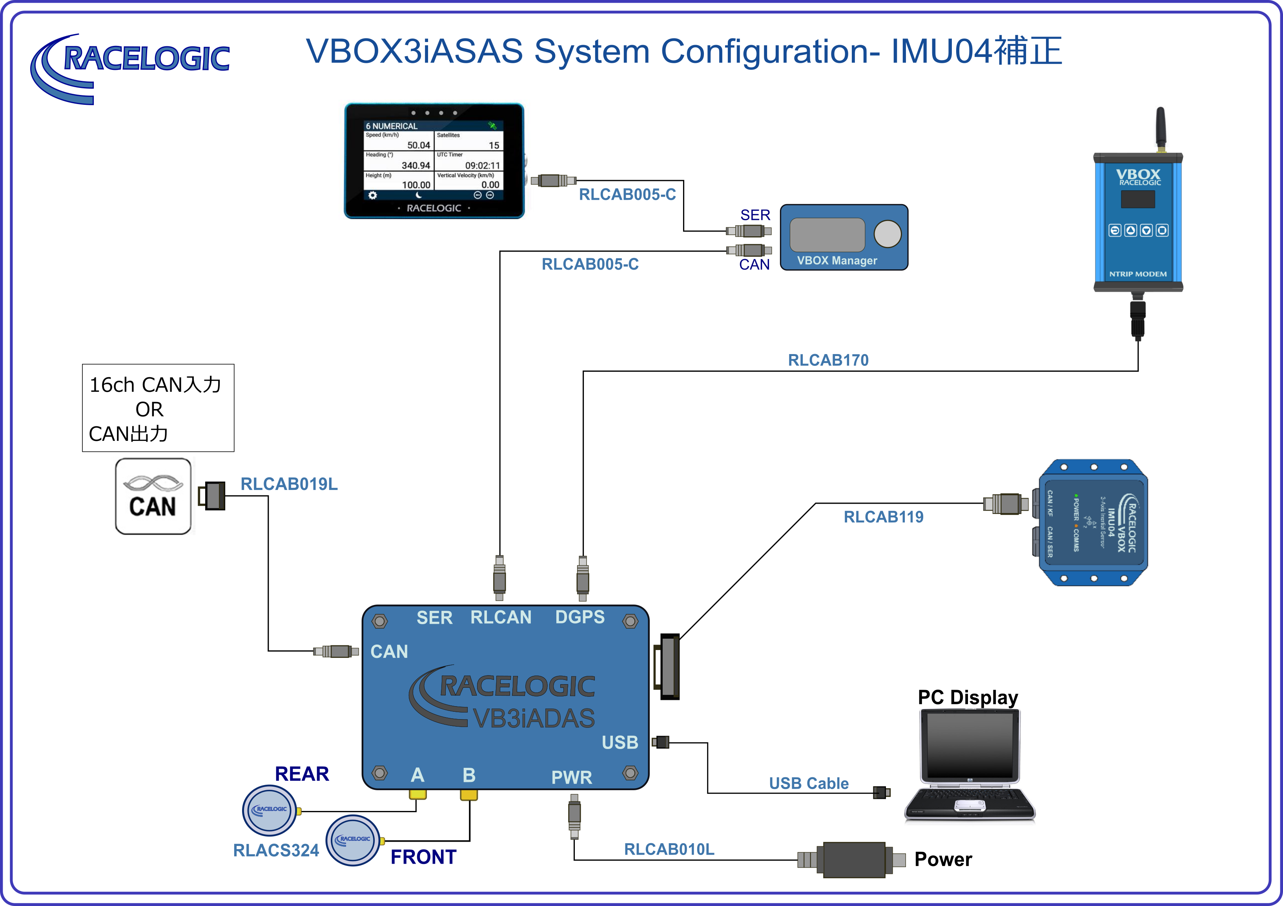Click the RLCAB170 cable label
tap(828, 360)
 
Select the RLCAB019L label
tap(289, 484)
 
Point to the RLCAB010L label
tap(669, 849)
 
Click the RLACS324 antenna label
tap(276, 851)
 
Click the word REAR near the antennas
tap(302, 774)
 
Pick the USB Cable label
tap(809, 784)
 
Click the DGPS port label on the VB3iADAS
tap(580, 617)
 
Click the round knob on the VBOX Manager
tap(888, 234)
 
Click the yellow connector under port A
tap(417, 795)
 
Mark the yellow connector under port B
tap(469, 795)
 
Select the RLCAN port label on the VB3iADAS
tap(501, 617)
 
